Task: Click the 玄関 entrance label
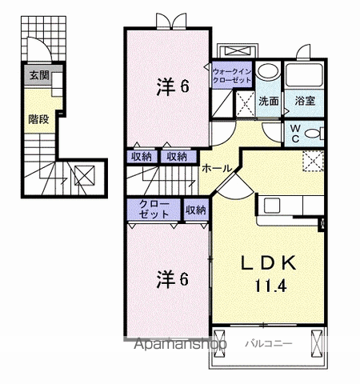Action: (x=38, y=76)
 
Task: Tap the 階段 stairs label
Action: (x=38, y=120)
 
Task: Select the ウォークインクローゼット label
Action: (x=233, y=77)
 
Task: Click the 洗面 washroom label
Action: (x=268, y=102)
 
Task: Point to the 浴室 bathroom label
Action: (x=303, y=102)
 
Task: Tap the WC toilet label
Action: (x=294, y=133)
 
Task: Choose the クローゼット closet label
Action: (x=154, y=210)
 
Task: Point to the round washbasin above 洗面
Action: (x=270, y=70)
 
